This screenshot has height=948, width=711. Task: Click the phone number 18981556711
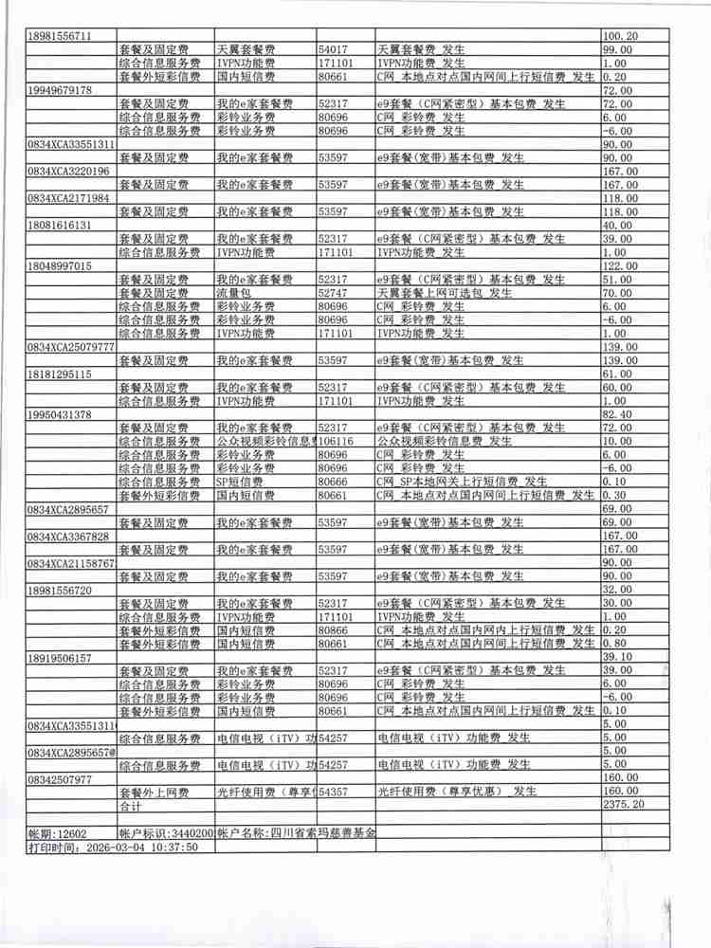60,36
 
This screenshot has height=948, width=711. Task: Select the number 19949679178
60,90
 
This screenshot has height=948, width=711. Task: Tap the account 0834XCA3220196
69,172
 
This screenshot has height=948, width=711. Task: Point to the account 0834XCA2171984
69,198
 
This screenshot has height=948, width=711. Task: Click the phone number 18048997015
60,266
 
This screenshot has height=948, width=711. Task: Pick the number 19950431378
60,415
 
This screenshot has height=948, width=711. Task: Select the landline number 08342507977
60,779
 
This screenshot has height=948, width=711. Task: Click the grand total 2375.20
624,805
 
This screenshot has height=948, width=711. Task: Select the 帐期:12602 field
58,833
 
